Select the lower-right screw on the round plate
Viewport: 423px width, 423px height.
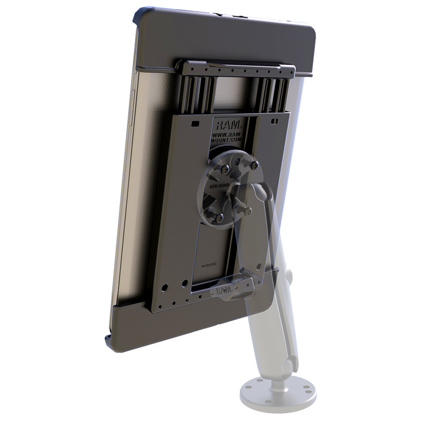(x=249, y=210)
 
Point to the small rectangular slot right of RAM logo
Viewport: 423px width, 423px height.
(x=275, y=122)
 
